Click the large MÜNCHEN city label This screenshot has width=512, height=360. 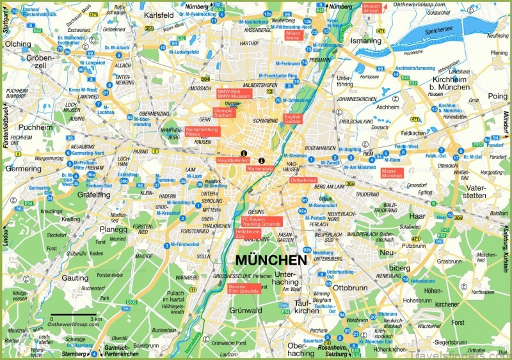271,260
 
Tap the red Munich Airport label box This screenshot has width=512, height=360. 371,8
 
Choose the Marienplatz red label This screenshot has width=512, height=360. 260,169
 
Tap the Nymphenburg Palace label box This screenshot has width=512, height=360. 202,132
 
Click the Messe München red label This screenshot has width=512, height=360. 392,173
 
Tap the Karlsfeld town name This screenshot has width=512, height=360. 159,15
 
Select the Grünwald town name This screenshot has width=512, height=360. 246,311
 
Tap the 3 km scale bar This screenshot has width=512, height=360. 76,317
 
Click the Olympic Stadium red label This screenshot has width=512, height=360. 224,113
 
